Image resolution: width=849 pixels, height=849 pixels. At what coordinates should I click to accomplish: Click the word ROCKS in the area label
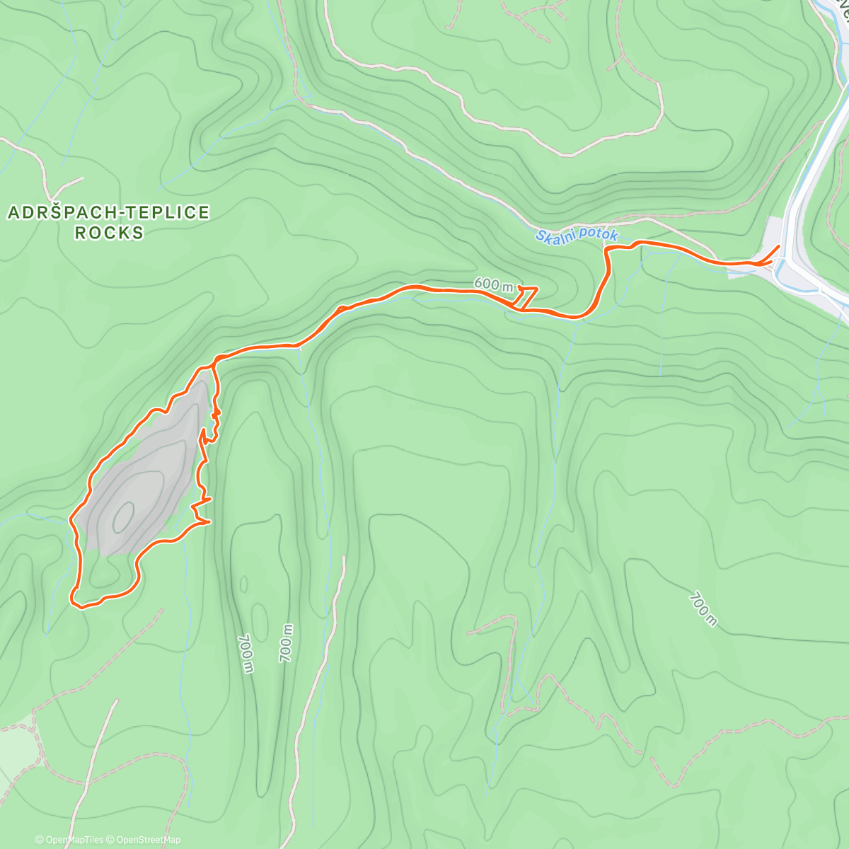(x=109, y=233)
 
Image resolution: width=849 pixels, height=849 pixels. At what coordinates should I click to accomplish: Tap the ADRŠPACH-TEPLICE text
(x=109, y=212)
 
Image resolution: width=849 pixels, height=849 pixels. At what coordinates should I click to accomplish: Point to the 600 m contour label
(x=493, y=284)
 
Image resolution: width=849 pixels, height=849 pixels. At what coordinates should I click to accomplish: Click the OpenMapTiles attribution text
(x=74, y=840)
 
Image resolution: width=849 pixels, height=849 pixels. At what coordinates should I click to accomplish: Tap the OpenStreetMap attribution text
(x=149, y=840)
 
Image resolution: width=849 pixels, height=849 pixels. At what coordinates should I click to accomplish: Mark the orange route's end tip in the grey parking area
(x=779, y=246)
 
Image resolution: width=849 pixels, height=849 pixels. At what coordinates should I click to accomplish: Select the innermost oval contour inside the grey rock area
(x=123, y=516)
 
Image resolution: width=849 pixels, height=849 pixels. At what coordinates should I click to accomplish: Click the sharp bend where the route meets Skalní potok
(x=607, y=249)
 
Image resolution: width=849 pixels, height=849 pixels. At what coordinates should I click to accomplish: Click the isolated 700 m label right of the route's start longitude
(x=702, y=609)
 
